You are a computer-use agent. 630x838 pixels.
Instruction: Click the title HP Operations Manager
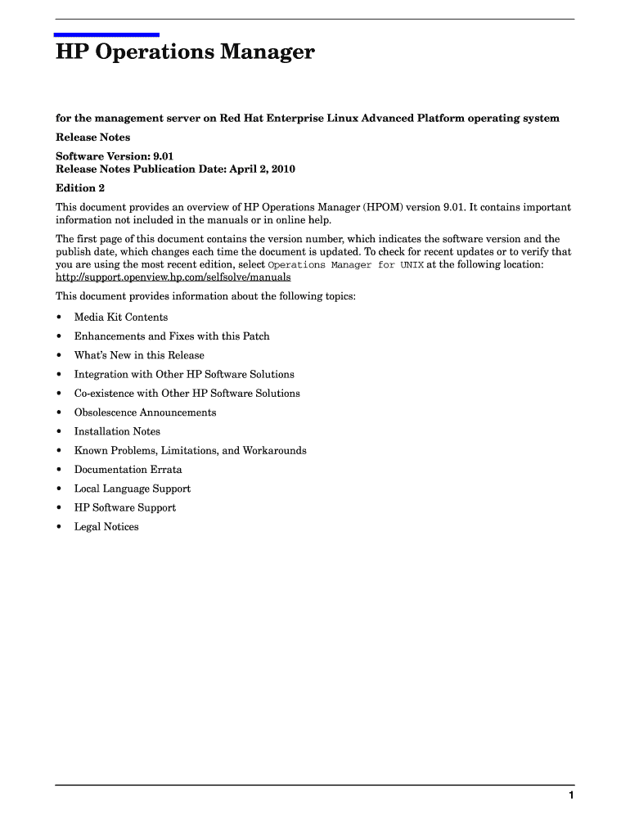(x=185, y=53)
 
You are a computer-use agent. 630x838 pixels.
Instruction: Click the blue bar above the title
(x=106, y=34)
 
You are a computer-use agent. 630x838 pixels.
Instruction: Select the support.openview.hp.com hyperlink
(x=173, y=277)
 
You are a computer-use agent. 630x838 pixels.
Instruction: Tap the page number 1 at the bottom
(x=571, y=796)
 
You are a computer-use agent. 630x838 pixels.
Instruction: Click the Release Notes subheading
(x=92, y=137)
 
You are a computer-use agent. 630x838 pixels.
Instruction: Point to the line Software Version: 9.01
(x=115, y=155)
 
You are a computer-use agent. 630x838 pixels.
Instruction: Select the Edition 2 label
(x=80, y=188)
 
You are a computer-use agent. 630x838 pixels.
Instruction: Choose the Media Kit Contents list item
(x=121, y=318)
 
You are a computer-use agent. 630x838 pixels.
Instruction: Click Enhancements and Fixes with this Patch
(x=172, y=336)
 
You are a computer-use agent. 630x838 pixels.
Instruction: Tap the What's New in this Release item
(x=139, y=355)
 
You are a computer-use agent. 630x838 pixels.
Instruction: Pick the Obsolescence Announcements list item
(x=145, y=412)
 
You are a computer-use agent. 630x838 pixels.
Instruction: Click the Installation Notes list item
(x=117, y=431)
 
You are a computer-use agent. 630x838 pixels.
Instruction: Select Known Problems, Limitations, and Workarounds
(x=190, y=451)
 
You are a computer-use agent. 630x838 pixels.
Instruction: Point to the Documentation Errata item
(x=128, y=470)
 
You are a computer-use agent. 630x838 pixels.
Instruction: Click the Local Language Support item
(x=133, y=489)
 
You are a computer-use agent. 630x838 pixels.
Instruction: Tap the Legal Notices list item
(x=106, y=527)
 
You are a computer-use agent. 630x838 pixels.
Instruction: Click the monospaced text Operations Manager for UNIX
(x=345, y=265)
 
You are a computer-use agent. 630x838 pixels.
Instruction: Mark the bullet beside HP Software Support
(x=59, y=508)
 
